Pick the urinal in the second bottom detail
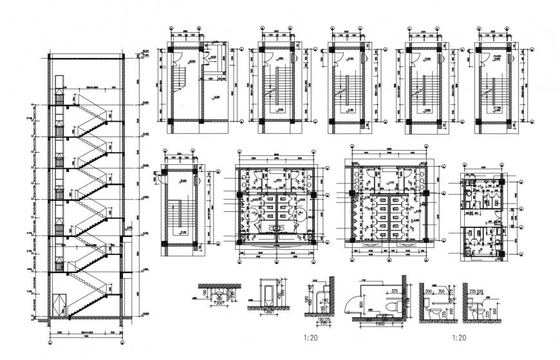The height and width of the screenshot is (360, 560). click(x=265, y=294)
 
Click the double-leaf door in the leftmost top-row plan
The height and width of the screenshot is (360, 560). click(x=206, y=59)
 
